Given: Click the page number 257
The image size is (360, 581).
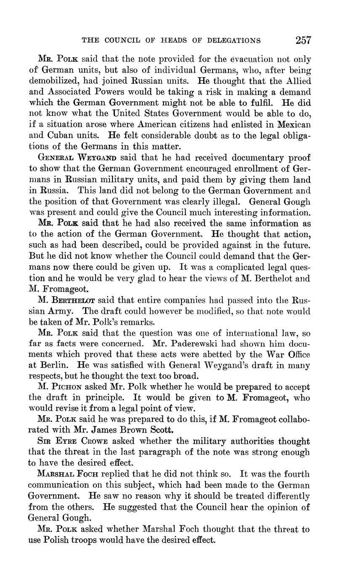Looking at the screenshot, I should [303, 40].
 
